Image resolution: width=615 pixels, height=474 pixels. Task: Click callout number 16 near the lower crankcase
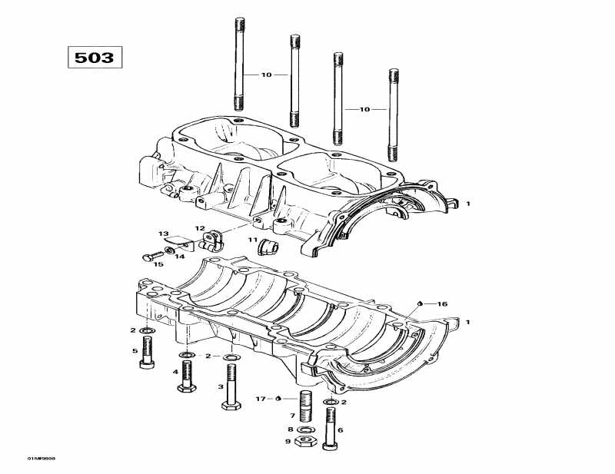coord(442,304)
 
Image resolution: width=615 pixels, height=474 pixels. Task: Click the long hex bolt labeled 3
coord(230,388)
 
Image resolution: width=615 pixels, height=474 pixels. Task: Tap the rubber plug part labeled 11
coord(268,246)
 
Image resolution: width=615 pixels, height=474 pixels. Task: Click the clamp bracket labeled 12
coord(211,241)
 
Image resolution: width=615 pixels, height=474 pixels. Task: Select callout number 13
coord(163,233)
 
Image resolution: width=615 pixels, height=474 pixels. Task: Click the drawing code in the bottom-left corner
coord(28,458)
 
